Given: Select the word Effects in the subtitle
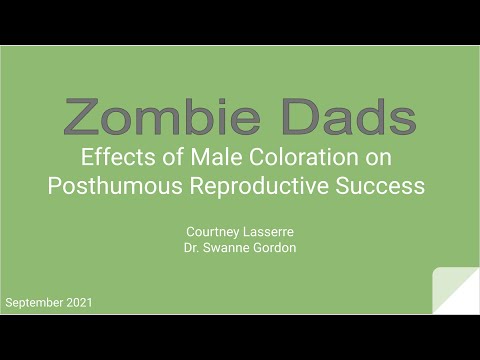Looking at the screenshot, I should click(x=115, y=156).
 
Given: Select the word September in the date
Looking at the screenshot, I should click(x=36, y=301).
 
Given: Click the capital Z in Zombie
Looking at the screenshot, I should click(x=82, y=118).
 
